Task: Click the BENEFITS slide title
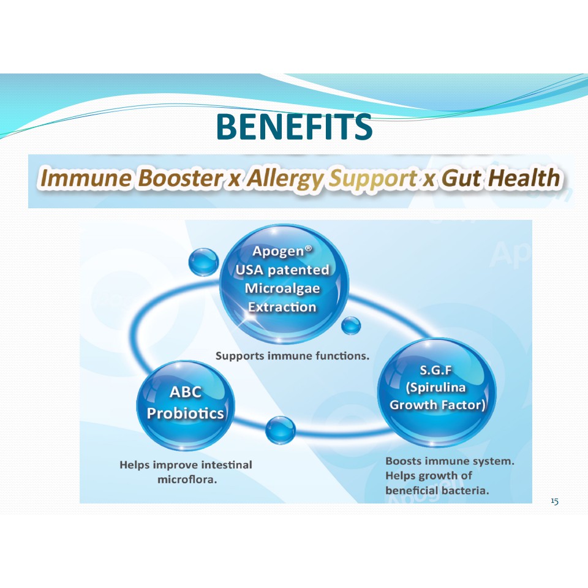(295, 126)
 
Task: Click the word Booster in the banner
(180, 178)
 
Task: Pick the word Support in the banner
(373, 179)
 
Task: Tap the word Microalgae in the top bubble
(282, 288)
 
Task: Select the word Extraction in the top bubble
(282, 307)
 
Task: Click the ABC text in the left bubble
(186, 392)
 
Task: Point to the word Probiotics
(185, 413)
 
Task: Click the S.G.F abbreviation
(435, 371)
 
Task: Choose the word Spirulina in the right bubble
(435, 387)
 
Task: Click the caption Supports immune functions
(293, 356)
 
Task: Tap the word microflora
(187, 480)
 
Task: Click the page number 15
(555, 501)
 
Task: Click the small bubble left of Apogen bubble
(203, 262)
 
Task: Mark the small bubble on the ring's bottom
(280, 430)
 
